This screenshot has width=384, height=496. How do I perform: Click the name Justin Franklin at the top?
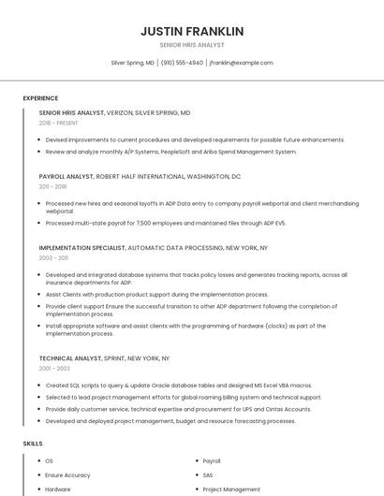(192, 31)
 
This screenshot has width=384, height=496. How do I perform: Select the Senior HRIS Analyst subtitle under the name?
(192, 46)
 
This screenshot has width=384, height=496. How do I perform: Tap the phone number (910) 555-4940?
(182, 63)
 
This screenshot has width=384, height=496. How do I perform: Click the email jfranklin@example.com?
(241, 63)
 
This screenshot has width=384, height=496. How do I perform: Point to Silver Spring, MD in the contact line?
(133, 63)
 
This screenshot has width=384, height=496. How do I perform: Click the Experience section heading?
(40, 98)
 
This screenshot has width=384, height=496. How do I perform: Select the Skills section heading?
(33, 444)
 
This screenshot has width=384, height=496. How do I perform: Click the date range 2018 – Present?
(59, 123)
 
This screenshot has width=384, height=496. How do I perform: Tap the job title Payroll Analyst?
(66, 176)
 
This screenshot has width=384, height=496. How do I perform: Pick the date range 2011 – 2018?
(52, 186)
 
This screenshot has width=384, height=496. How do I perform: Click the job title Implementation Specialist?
(81, 248)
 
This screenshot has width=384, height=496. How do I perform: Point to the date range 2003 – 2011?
(53, 258)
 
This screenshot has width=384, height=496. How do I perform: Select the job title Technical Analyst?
(70, 358)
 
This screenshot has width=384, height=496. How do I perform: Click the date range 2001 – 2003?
(54, 369)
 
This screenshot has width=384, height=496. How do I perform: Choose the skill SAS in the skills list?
(209, 475)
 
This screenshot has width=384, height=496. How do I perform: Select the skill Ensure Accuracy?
(67, 475)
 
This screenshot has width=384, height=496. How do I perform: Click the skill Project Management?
(231, 489)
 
